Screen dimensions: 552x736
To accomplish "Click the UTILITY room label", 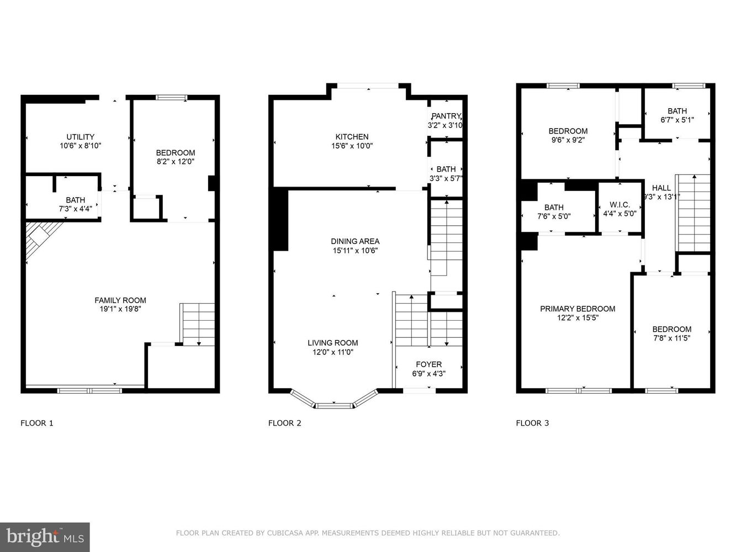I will [80, 137].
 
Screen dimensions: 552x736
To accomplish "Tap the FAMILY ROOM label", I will [120, 300].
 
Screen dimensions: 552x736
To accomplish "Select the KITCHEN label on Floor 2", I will [352, 137].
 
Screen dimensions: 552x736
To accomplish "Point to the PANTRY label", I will [446, 116].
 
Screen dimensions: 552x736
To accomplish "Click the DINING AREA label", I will [355, 241].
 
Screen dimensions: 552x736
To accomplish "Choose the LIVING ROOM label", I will [332, 343].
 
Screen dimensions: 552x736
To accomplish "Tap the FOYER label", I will [428, 364].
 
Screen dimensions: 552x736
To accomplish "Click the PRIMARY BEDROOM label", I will [577, 309].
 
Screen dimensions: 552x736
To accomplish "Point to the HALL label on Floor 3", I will [661, 188].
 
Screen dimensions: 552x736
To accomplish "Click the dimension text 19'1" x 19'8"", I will [120, 310].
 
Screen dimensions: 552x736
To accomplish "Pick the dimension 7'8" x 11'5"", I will [671, 338].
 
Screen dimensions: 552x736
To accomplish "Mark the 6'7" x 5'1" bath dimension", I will [677, 120].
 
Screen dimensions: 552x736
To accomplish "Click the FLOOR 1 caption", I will [37, 423].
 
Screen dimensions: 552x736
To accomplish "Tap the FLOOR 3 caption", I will [532, 423].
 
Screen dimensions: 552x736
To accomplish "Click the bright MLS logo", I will [45, 537].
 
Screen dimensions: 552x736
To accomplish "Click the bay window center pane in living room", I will [333, 406].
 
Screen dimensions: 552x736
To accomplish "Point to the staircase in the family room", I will [198, 324].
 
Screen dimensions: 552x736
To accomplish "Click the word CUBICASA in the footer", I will [276, 533].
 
